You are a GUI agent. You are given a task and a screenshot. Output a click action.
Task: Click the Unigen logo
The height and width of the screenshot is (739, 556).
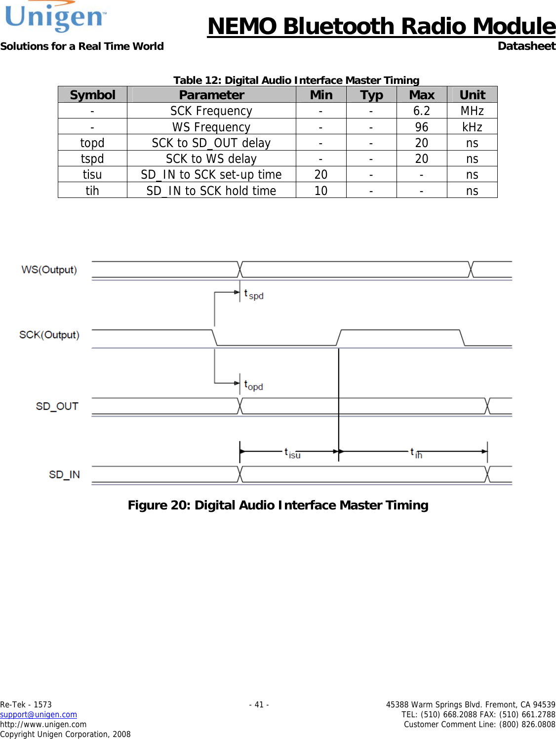[x=55, y=17]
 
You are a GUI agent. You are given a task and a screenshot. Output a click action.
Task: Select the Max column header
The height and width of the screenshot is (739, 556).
[x=422, y=95]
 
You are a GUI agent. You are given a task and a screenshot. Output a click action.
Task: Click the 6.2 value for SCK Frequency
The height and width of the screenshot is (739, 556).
[x=422, y=111]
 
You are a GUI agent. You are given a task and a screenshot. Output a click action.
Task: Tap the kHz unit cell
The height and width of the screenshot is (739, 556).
[x=472, y=127]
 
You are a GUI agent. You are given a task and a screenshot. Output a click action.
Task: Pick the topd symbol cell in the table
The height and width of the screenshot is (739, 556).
[x=92, y=143]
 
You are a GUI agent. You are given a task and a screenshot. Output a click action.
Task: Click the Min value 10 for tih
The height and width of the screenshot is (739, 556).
[x=321, y=191]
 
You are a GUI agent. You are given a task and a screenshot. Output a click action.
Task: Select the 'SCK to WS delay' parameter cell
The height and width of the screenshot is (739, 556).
[x=211, y=159]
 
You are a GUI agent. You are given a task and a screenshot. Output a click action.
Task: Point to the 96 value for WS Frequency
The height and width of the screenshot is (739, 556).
[x=422, y=127]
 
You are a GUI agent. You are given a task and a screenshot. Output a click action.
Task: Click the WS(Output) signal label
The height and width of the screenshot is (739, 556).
[x=49, y=270]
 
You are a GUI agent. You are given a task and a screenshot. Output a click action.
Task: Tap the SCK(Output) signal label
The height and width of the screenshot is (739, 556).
[x=49, y=335]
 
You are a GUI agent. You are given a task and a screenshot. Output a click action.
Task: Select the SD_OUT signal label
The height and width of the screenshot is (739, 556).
[x=57, y=406]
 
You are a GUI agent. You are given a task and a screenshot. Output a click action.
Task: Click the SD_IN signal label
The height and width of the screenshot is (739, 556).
[x=64, y=474]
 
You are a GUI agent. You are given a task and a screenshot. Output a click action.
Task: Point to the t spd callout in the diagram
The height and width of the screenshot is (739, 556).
[x=254, y=295]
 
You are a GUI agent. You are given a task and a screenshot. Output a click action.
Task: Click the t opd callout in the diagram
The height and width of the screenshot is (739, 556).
[x=254, y=386]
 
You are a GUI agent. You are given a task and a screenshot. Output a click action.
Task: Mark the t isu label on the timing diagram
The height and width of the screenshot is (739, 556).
[x=292, y=453]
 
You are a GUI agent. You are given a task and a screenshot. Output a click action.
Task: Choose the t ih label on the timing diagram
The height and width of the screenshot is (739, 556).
[x=416, y=453]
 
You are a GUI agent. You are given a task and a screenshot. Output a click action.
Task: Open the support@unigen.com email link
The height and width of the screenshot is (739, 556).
[x=39, y=714]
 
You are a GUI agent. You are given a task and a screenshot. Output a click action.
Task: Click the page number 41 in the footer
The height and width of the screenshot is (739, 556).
[x=259, y=704]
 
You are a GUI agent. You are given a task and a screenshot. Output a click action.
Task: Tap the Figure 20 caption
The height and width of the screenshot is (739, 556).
[x=278, y=505]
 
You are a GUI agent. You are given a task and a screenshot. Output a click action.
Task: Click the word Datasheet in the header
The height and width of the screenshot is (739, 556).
[x=526, y=46]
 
